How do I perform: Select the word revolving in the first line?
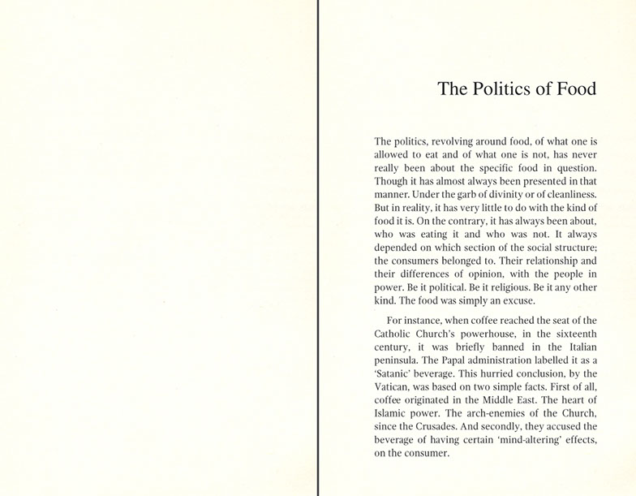[x=446, y=140]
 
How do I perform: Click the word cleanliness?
[x=566, y=196]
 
